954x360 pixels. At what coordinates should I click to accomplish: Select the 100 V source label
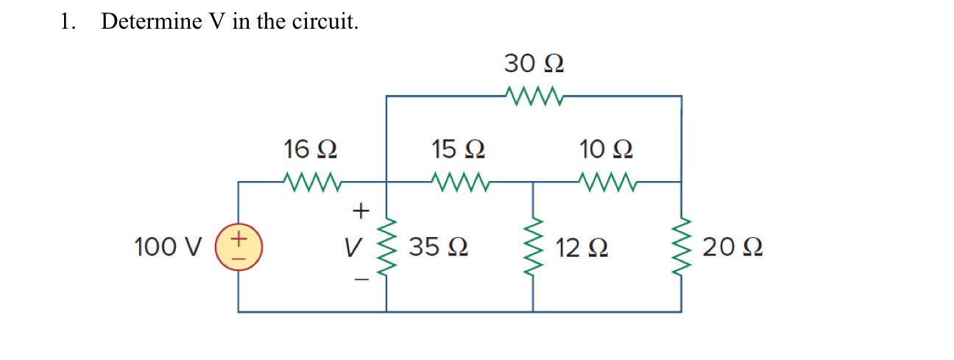tap(167, 247)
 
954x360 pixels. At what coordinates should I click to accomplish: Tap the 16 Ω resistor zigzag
tap(311, 180)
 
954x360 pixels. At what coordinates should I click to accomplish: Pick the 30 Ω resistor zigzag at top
tap(534, 95)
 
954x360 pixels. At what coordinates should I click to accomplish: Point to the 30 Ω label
tap(534, 64)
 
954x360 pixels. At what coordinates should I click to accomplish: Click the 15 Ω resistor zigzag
tap(458, 180)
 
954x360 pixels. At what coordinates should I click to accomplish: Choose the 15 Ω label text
tap(458, 149)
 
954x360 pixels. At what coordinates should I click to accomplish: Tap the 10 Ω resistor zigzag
tap(606, 180)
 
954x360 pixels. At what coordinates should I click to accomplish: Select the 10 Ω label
tap(606, 149)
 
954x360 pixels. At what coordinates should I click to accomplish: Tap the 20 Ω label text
tap(732, 247)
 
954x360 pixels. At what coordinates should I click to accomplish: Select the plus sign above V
tap(359, 211)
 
